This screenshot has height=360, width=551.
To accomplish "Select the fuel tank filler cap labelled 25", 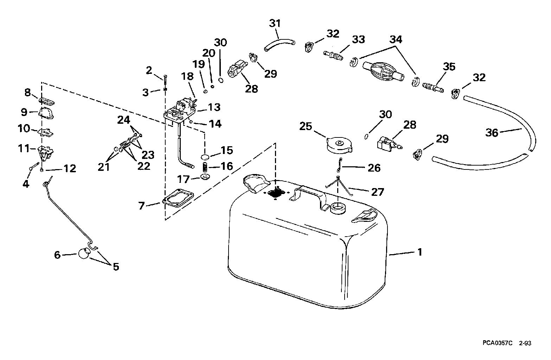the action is click(339, 145).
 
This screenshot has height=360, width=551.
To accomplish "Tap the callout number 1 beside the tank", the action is click(419, 252).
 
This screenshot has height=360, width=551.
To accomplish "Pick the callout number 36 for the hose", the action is click(492, 133).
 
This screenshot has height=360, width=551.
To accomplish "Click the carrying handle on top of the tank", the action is click(309, 198).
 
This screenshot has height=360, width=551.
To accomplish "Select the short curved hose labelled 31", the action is click(280, 45).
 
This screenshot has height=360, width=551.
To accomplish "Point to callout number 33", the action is click(358, 39).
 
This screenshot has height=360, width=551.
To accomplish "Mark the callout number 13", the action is click(214, 107).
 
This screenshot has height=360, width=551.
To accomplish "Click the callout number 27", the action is click(377, 192).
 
